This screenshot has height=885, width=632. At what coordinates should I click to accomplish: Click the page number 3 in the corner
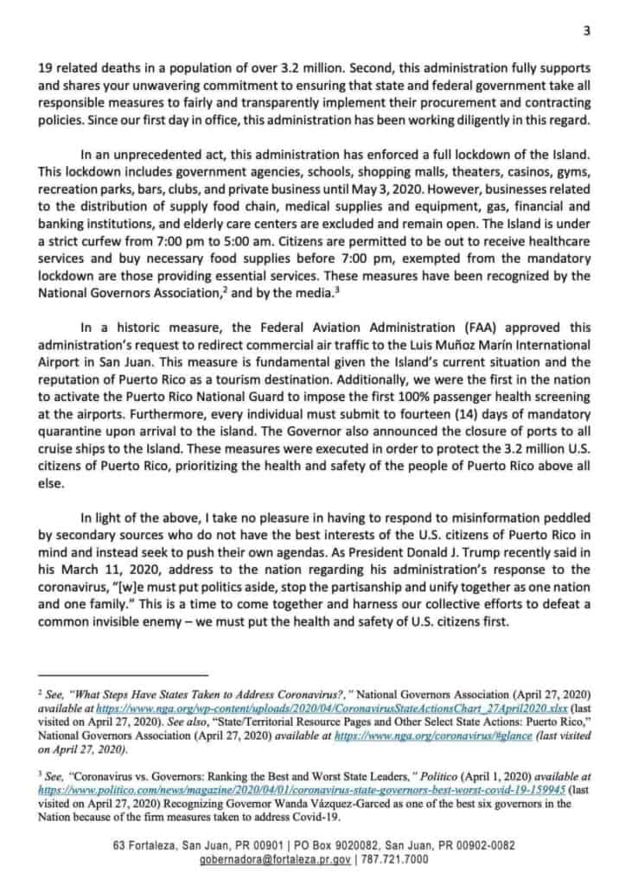coord(586,32)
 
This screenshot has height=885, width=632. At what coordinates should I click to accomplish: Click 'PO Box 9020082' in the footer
coord(329,844)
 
